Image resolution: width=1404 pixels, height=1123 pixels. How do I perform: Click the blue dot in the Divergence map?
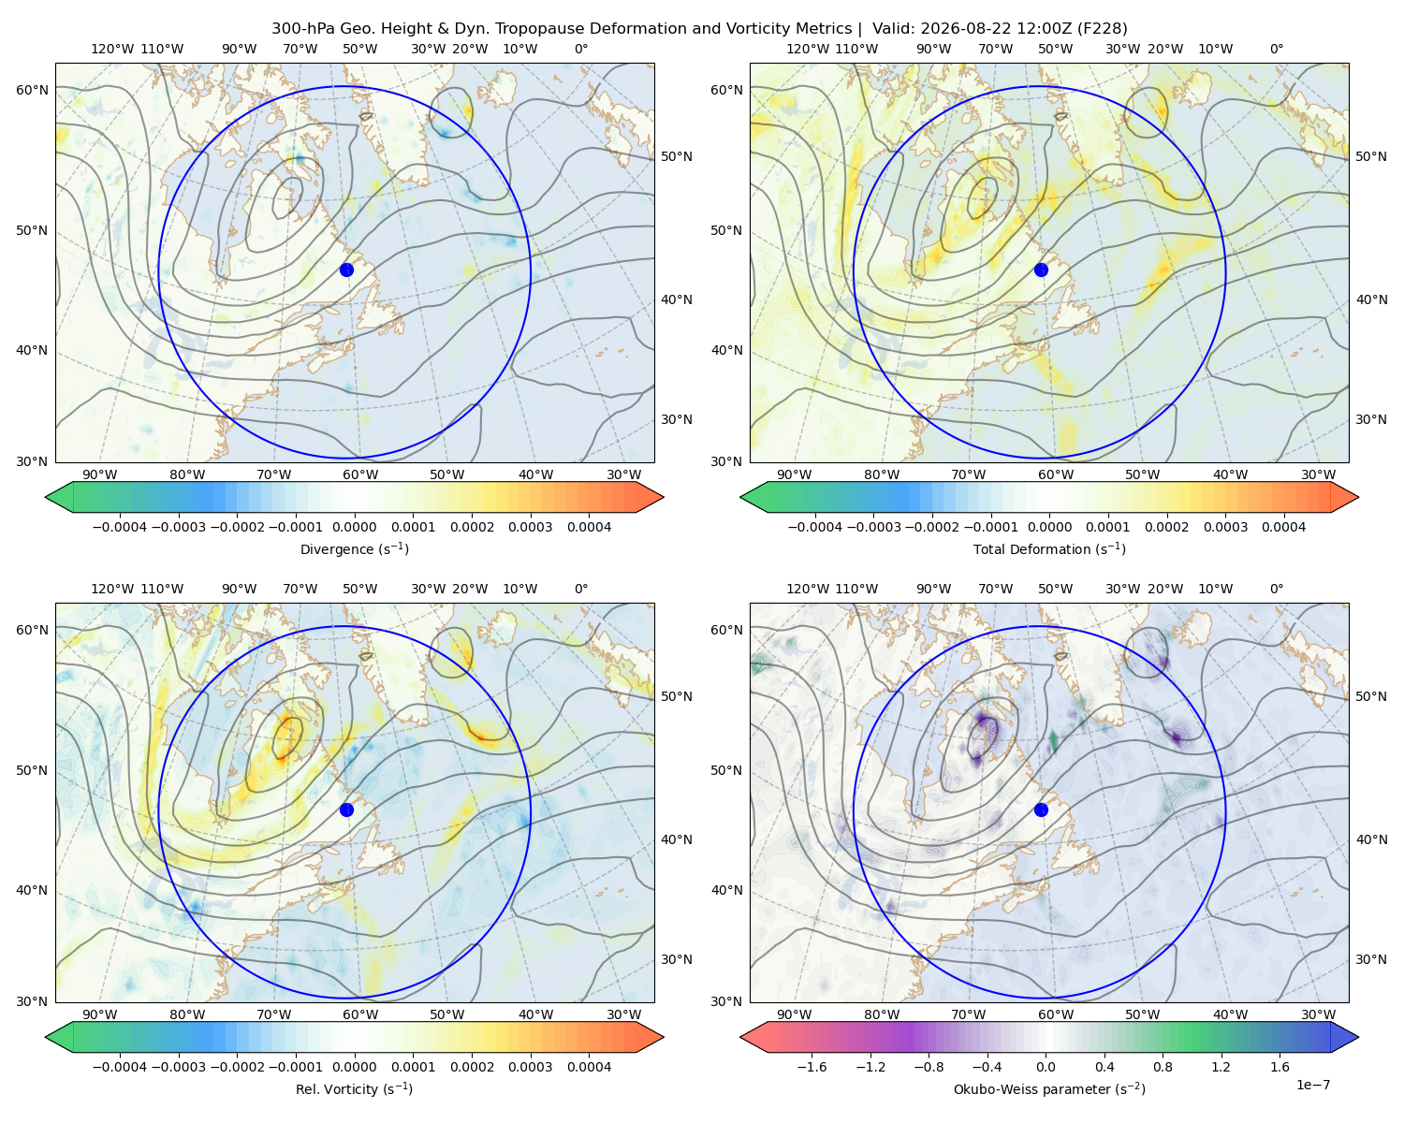pos(346,270)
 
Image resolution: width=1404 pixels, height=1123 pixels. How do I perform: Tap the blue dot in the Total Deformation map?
pos(1041,270)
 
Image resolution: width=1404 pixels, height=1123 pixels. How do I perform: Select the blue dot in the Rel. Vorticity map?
pos(346,809)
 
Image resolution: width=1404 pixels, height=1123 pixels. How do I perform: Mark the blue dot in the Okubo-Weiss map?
pos(1041,809)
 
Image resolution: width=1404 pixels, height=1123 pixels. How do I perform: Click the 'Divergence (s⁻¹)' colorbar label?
pos(354,548)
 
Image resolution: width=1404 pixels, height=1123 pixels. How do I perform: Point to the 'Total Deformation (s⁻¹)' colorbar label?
pos(1049,548)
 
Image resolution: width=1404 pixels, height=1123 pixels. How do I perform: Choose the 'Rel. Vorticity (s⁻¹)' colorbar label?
pos(354,1088)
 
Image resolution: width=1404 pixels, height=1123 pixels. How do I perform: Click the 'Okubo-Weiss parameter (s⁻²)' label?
pos(1049,1088)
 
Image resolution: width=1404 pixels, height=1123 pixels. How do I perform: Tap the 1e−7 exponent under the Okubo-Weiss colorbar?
pos(1312,1085)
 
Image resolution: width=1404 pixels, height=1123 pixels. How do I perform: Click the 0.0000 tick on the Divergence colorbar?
pos(354,527)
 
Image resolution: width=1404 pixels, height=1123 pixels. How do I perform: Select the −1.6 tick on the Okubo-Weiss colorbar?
pos(812,1067)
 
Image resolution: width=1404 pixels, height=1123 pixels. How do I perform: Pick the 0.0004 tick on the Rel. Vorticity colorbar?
pos(589,1067)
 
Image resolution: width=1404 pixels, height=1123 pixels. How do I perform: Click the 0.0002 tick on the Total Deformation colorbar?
pos(1166,527)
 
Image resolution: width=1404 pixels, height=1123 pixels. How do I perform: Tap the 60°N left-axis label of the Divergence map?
pos(32,90)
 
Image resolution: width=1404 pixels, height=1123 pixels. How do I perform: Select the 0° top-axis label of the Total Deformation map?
pos(1276,49)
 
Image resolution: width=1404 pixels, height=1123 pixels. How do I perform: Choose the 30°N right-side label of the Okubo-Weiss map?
pos(1370,959)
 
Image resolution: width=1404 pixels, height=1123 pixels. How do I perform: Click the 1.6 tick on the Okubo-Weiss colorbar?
pos(1280,1067)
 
